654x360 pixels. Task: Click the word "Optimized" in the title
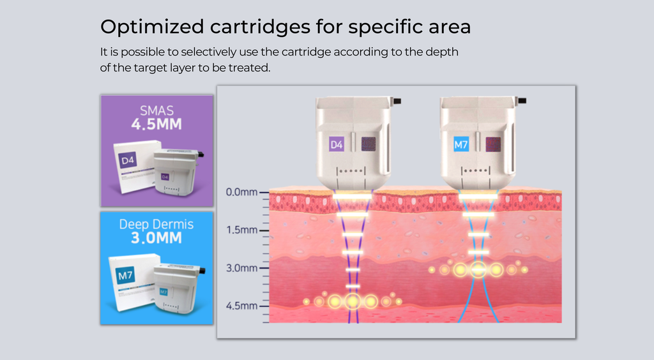pyautogui.click(x=152, y=27)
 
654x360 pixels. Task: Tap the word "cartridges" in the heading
pyautogui.click(x=261, y=27)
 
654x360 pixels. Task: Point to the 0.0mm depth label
pyautogui.click(x=241, y=192)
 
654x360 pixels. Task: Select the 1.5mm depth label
pyautogui.click(x=241, y=230)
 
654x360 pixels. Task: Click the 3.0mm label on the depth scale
pyautogui.click(x=241, y=268)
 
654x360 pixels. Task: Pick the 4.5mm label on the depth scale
pyautogui.click(x=241, y=306)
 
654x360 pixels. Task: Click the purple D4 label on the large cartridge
pyautogui.click(x=336, y=145)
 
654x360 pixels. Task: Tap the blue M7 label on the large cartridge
pyautogui.click(x=461, y=145)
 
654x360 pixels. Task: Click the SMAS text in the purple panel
pyautogui.click(x=156, y=110)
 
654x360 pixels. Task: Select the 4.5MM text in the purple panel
pyautogui.click(x=156, y=124)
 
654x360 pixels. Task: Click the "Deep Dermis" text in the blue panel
pyautogui.click(x=156, y=224)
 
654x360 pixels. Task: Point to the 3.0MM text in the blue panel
pyautogui.click(x=156, y=238)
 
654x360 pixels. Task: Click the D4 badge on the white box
pyautogui.click(x=127, y=160)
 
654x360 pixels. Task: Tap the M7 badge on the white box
pyautogui.click(x=125, y=275)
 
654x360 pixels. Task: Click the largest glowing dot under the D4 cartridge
pyautogui.click(x=353, y=301)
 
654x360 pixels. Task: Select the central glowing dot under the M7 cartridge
pyautogui.click(x=478, y=269)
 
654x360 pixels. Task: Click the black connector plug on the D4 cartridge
pyautogui.click(x=397, y=101)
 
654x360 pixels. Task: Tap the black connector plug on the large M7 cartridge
pyautogui.click(x=522, y=101)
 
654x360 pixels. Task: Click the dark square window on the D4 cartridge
pyautogui.click(x=369, y=144)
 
